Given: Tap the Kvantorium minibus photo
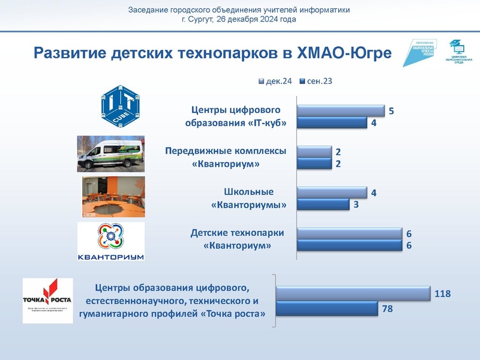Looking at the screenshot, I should (x=111, y=154).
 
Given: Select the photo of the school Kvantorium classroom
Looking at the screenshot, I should (x=113, y=197).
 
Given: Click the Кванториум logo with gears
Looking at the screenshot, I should (x=112, y=242).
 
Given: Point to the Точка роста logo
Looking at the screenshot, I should (x=47, y=301).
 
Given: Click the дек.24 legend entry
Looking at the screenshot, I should (x=275, y=81).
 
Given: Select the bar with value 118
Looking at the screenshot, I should (x=353, y=294).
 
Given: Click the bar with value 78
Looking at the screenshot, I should (x=327, y=309).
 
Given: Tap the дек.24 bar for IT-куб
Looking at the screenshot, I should (x=341, y=111).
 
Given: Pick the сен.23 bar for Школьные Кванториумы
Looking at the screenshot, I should (x=323, y=205).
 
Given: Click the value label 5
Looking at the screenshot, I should (x=391, y=112).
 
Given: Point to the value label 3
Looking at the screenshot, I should (x=356, y=205).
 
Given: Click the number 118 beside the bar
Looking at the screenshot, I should (x=443, y=294).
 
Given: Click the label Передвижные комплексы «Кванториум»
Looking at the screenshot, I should (x=226, y=157).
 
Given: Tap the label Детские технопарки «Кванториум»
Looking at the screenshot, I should (x=237, y=239).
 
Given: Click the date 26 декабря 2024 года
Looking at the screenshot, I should (x=256, y=19).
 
